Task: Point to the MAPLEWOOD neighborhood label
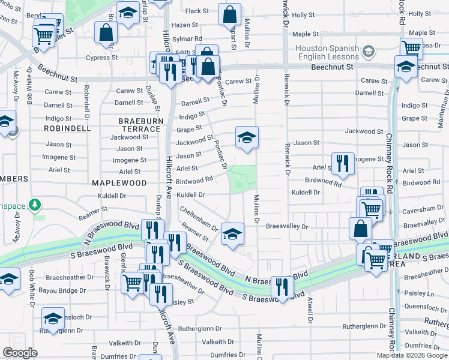(x=119, y=182)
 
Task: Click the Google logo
(x=20, y=353)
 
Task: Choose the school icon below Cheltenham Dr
(x=232, y=235)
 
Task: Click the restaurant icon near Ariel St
(x=342, y=164)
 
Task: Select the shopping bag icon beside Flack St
(x=229, y=15)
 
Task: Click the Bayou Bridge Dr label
(x=57, y=291)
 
